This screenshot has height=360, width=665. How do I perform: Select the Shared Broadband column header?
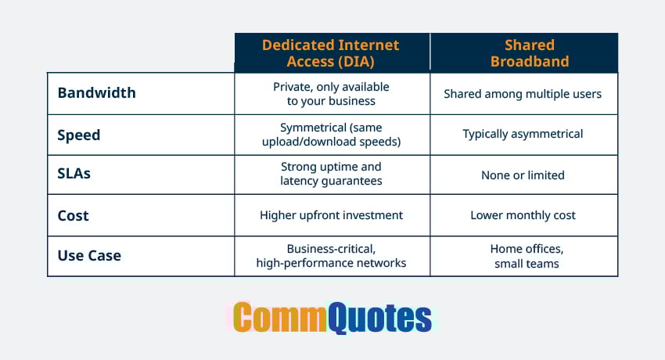(523, 52)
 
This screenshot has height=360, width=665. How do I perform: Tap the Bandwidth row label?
(96, 93)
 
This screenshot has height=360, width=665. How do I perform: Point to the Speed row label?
(79, 135)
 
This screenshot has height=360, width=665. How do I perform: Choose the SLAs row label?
(74, 174)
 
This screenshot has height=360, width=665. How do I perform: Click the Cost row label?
(74, 215)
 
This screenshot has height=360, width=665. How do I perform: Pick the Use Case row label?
(89, 255)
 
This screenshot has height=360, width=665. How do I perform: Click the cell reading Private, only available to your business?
(331, 93)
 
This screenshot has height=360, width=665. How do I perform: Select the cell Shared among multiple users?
(523, 94)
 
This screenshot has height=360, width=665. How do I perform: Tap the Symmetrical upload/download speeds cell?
(331, 134)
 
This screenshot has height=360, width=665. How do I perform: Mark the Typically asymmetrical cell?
(523, 134)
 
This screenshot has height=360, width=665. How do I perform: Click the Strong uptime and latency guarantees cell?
(331, 174)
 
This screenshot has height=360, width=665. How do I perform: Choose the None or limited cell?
(523, 175)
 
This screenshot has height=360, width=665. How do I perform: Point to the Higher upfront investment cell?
(331, 215)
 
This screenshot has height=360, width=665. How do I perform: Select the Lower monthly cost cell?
(523, 215)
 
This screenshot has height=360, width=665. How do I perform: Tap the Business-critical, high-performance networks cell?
(331, 256)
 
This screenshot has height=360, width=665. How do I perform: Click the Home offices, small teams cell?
(523, 256)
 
